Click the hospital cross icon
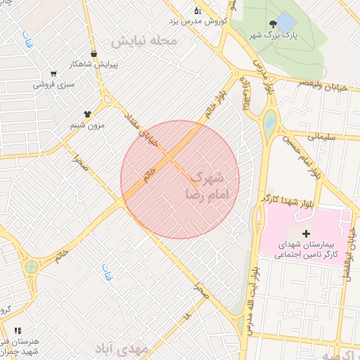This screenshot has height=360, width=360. [305, 233]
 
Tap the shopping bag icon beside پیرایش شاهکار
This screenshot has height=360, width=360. [94, 53]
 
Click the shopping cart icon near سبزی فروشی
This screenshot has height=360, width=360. [53, 73]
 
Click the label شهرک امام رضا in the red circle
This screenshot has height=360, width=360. [206, 185]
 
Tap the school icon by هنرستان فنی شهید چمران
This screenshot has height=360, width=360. [18, 330]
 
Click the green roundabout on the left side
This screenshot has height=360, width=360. [31, 267]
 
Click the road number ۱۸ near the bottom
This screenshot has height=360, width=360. [187, 317]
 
